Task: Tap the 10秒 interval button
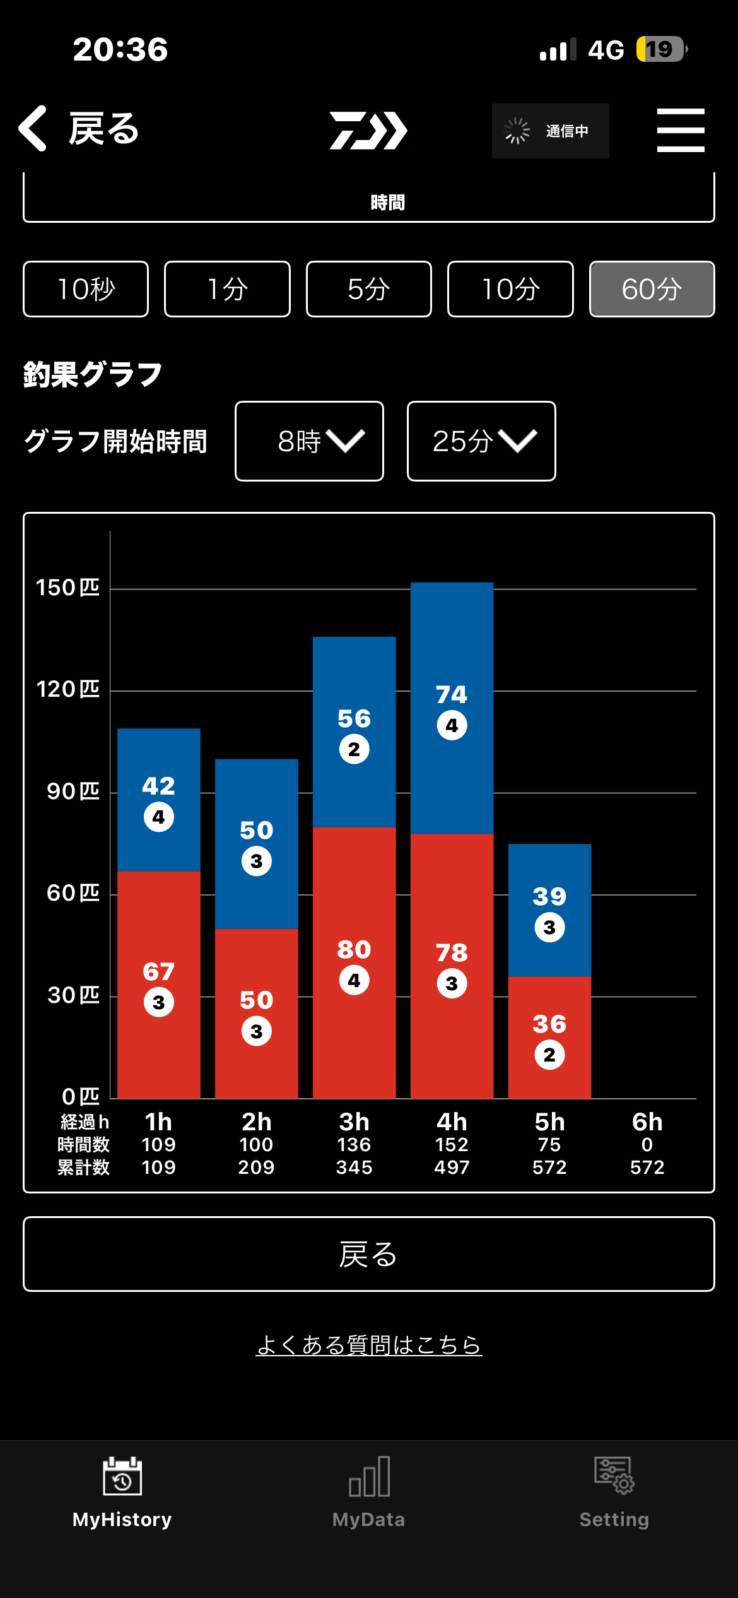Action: coord(86,289)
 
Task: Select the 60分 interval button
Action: coord(652,289)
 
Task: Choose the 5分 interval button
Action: coord(369,289)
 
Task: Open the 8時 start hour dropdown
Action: coord(309,441)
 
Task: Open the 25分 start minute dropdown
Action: coord(481,441)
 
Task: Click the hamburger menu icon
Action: coord(681,130)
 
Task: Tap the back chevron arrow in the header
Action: coord(33,129)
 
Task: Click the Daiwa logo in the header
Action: coord(368,131)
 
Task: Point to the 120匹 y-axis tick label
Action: coord(67,689)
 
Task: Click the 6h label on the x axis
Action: coord(647,1122)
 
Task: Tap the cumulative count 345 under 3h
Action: coord(354,1168)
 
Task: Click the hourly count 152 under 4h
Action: coord(452,1145)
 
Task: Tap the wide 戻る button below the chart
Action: coord(369,1254)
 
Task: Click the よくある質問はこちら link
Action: coord(369,1345)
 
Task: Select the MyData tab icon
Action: coord(369,1477)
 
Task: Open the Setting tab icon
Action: coord(614,1477)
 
